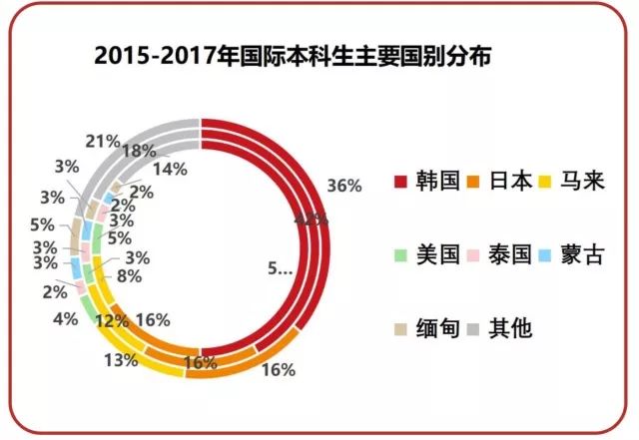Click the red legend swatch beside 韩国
tap(402, 183)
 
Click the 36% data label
tap(343, 186)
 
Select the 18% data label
tap(138, 152)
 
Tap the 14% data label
tap(171, 170)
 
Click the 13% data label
tap(120, 360)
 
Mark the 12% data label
tap(113, 320)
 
